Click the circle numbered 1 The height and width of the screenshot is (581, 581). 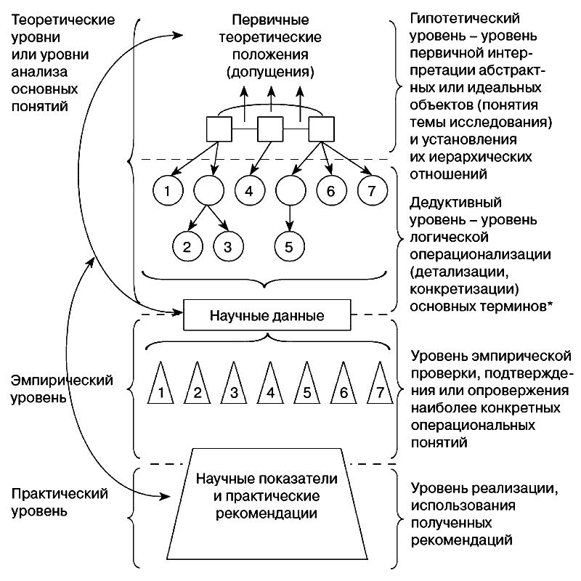point(167,192)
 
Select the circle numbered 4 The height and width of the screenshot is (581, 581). point(248,192)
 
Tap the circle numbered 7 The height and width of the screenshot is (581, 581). point(372,192)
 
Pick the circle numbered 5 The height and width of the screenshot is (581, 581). point(289,246)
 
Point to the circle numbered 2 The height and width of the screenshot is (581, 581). point(187,246)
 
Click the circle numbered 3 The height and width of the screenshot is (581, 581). point(227,246)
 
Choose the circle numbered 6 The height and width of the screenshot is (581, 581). point(331,192)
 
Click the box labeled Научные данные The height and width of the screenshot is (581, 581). point(267,316)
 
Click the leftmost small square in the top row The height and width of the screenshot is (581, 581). point(219,129)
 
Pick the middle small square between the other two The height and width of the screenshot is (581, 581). point(269,129)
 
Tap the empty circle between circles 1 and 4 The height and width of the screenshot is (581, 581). point(208,192)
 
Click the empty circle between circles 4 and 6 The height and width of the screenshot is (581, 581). point(290,192)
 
